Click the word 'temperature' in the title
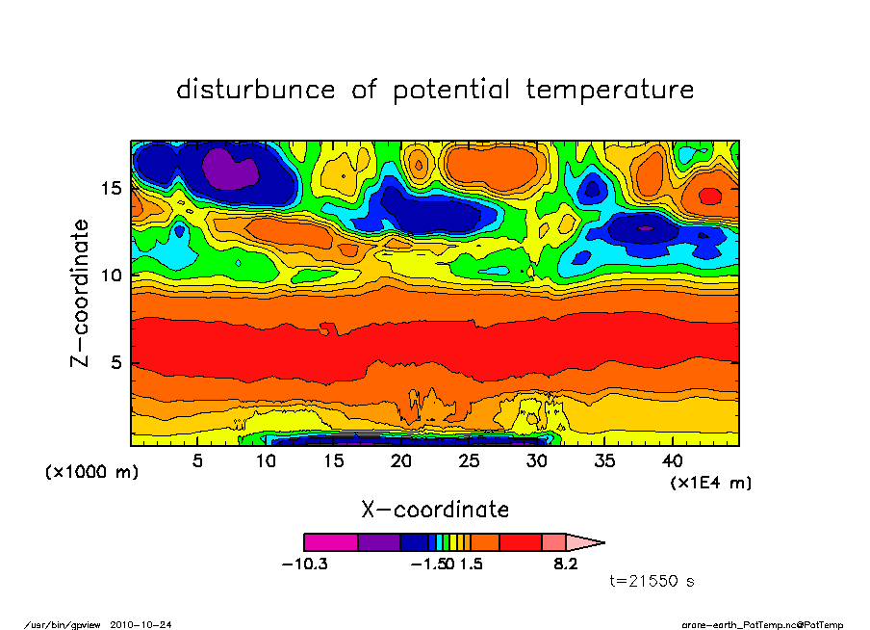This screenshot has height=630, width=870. point(610,91)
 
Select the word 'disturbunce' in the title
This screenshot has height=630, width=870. point(256,90)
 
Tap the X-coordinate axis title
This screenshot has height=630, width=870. point(435,509)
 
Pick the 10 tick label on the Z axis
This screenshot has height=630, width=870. point(111,276)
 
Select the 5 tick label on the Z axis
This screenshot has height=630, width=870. point(116,364)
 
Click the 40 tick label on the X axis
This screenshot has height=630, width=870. point(675,460)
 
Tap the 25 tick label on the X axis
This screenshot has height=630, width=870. point(471,460)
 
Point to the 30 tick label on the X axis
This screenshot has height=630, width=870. point(538,460)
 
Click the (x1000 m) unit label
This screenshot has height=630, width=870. point(91,473)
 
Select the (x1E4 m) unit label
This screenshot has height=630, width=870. point(710,482)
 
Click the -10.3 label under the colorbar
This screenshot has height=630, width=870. point(304,564)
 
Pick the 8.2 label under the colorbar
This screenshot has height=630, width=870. point(565,564)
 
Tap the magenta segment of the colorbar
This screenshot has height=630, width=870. point(330,542)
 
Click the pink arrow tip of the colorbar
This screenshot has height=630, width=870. point(585,542)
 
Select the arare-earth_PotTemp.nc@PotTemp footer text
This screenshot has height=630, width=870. point(763,624)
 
